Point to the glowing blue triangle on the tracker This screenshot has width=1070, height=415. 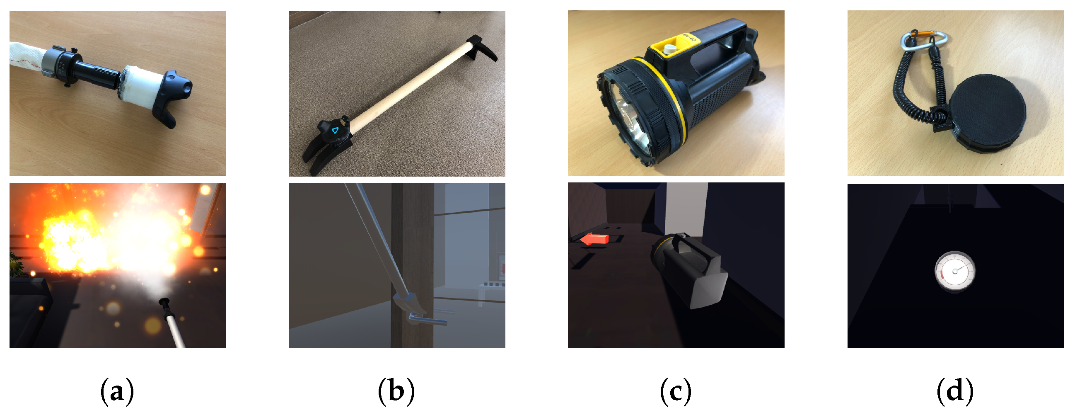coord(335,130)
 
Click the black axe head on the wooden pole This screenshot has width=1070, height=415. coord(484,48)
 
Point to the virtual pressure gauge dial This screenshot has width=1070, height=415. coord(954,271)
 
